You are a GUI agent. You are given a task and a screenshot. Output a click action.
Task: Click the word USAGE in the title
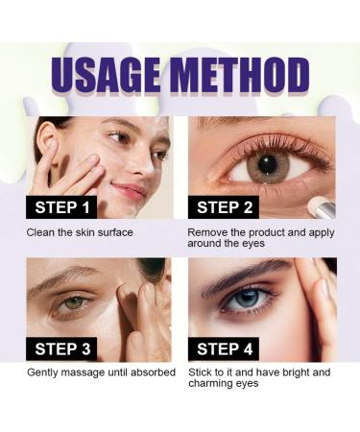click(105, 75)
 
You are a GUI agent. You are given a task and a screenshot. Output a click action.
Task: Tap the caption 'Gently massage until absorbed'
click(100, 372)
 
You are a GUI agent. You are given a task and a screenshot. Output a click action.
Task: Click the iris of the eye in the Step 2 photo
click(268, 164)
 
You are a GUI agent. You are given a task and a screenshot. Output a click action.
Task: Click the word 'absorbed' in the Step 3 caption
click(149, 372)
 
